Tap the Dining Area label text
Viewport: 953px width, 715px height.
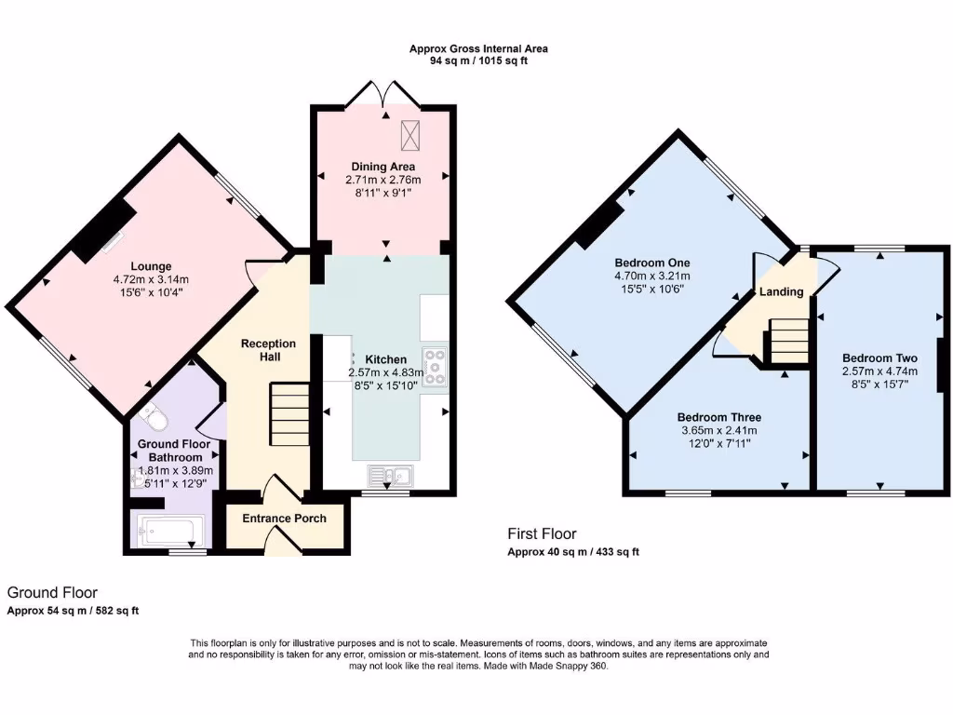pyautogui.click(x=383, y=168)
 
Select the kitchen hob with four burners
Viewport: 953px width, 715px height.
pyautogui.click(x=434, y=367)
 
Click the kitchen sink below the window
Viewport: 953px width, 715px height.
pyautogui.click(x=392, y=477)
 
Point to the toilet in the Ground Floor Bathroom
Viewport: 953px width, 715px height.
pyautogui.click(x=155, y=420)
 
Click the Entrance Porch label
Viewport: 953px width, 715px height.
pyautogui.click(x=284, y=518)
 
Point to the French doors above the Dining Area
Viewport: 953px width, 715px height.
pyautogui.click(x=383, y=94)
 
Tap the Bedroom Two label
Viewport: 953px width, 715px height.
pyautogui.click(x=879, y=358)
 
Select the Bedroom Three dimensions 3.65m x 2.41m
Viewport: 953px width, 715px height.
pyautogui.click(x=718, y=430)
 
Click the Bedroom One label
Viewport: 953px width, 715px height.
pyautogui.click(x=651, y=263)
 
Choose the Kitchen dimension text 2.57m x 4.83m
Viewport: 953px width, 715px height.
pyautogui.click(x=385, y=372)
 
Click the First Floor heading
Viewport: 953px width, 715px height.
pyautogui.click(x=542, y=533)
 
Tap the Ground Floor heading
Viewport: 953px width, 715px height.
pyautogui.click(x=52, y=592)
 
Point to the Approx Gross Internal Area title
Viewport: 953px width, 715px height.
pyautogui.click(x=479, y=48)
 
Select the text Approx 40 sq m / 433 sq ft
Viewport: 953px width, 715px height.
pyautogui.click(x=572, y=552)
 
